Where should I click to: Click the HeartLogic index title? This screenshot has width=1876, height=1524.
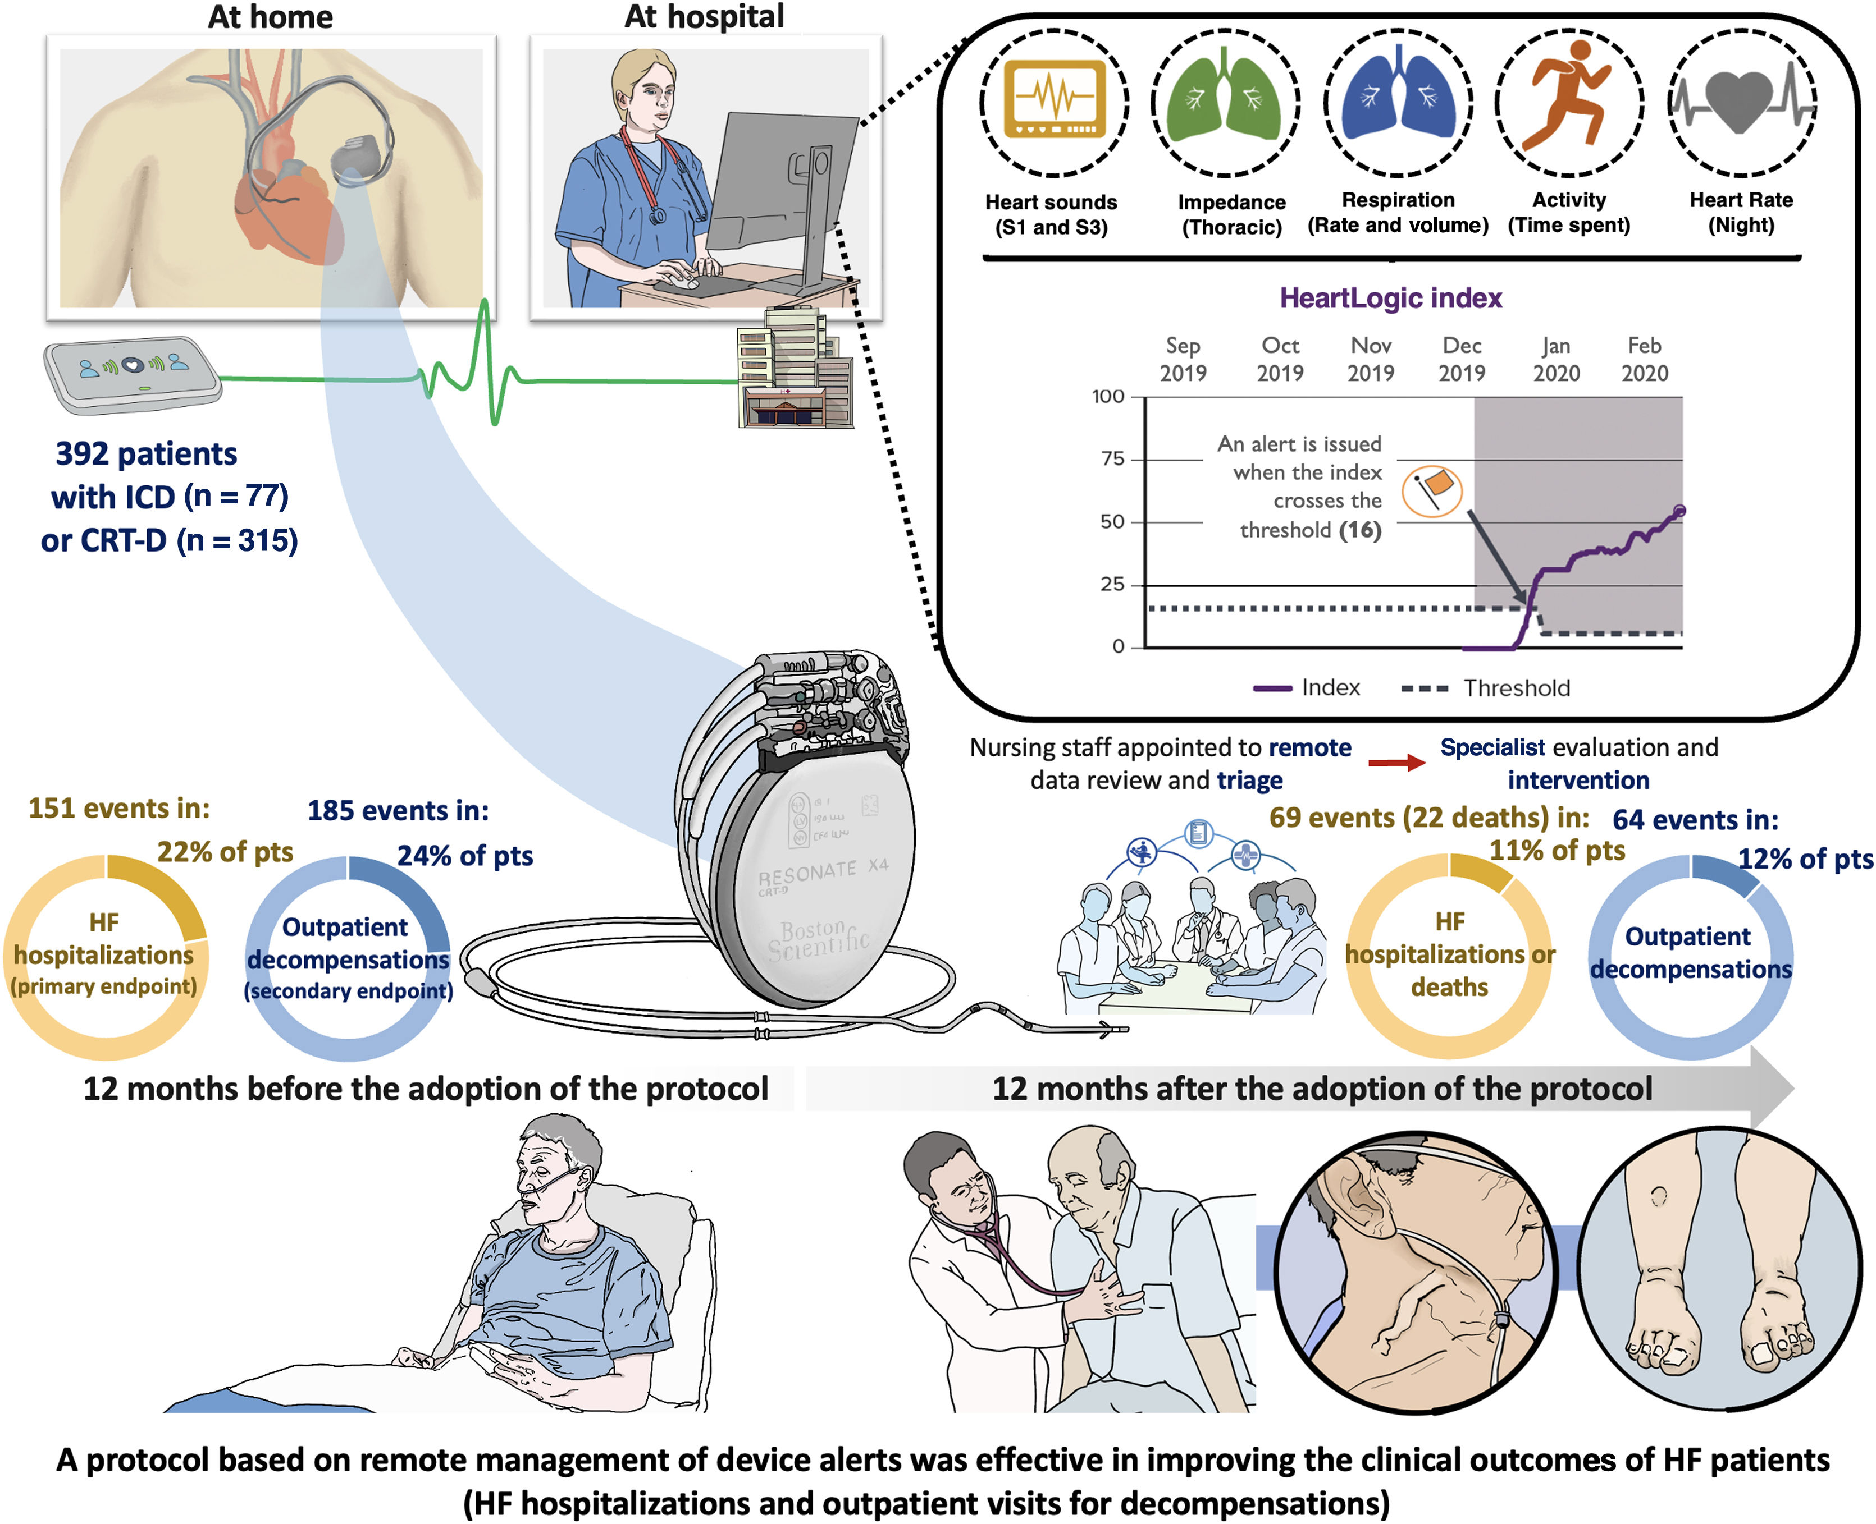tap(1390, 299)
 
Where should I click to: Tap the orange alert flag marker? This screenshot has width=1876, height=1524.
tap(1432, 490)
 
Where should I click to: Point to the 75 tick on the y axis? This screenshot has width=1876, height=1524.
tap(1113, 459)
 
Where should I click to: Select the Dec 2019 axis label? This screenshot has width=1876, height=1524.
tap(1462, 359)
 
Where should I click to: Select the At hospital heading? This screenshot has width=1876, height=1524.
tap(704, 17)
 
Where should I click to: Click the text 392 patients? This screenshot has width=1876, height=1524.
tap(146, 454)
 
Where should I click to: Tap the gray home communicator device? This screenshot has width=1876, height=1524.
tap(132, 373)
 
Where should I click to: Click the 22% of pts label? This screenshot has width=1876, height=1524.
tap(225, 852)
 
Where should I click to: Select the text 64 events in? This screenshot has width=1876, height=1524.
tap(1695, 820)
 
